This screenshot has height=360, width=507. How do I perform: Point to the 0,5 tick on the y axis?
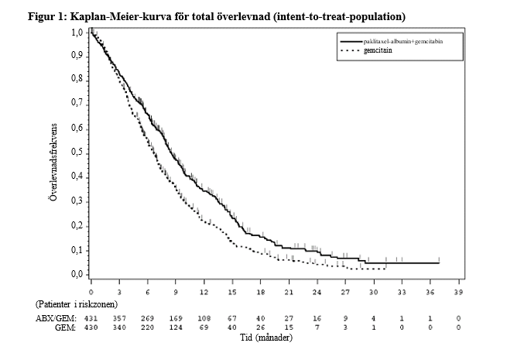point(77,153)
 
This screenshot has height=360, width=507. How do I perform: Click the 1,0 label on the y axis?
point(77,32)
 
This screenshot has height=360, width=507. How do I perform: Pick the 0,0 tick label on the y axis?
point(77,274)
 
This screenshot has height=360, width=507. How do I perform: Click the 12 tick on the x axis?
point(204,292)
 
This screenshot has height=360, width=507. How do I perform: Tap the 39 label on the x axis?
point(458,292)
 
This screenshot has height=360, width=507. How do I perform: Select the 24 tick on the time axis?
point(317,292)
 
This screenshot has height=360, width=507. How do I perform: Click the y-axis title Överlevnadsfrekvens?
point(53,162)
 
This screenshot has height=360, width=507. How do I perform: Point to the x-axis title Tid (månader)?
point(266,338)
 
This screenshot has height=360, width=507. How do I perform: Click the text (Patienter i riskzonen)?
point(77,304)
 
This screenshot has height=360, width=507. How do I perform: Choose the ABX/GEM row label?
point(56,318)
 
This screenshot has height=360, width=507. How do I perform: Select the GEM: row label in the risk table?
point(65,327)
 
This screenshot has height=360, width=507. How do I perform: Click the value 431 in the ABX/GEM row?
point(91,318)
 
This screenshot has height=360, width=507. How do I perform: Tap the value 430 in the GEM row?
point(91,327)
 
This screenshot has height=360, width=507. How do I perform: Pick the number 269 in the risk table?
point(147,318)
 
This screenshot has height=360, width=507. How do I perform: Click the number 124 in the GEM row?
point(176,327)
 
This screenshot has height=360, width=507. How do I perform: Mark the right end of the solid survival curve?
point(439,263)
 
